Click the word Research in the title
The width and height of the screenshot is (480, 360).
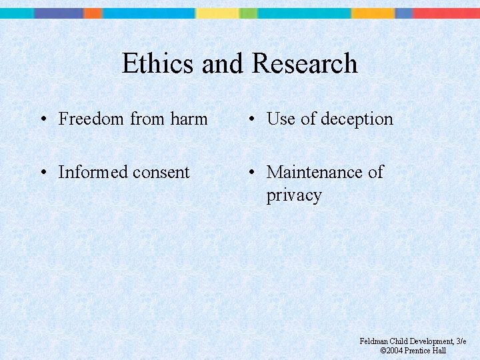coord(305,64)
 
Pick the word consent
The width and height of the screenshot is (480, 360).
coord(161,172)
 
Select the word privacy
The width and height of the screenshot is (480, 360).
coord(294,195)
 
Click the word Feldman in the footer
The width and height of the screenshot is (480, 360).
coord(373,341)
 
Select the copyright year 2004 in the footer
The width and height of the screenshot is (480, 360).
coord(395,351)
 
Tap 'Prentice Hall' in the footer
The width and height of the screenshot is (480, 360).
coord(425,351)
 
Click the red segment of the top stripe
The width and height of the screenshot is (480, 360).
coord(445,13)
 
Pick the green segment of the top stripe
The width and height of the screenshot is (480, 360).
coord(248,13)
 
